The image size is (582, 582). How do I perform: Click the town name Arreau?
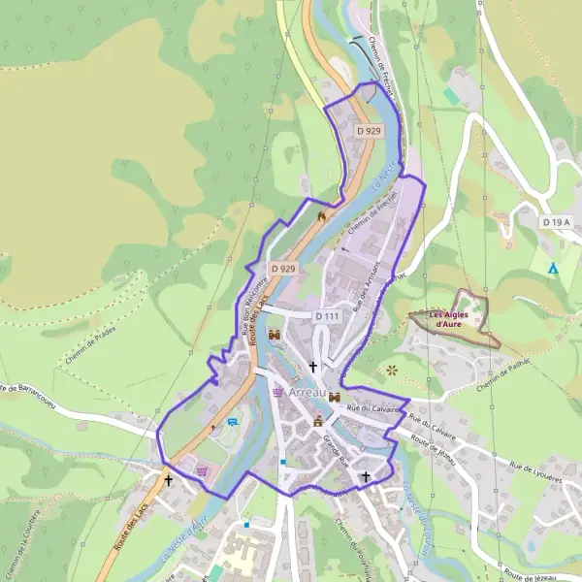tap(307, 393)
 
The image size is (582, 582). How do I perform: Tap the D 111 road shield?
tap(327, 317)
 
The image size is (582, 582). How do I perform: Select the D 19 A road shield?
tap(555, 222)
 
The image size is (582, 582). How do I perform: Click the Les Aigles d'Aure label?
tap(447, 319)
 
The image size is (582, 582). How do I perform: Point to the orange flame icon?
tap(321, 216)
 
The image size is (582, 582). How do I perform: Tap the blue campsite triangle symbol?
tap(553, 268)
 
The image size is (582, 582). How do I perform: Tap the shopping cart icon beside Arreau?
tap(278, 393)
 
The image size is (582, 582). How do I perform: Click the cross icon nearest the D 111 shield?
tap(312, 366)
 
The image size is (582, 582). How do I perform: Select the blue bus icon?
tap(233, 422)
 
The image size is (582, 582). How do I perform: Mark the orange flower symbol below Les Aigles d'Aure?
tap(392, 370)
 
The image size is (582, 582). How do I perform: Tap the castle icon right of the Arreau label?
tap(335, 397)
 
